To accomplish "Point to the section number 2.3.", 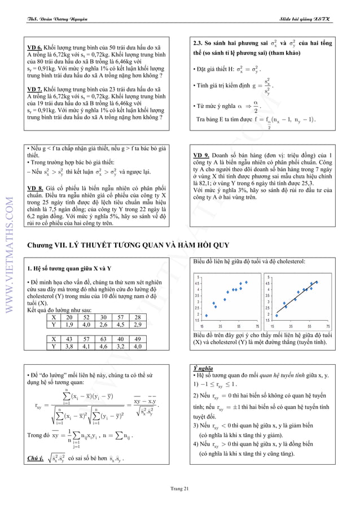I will pyautogui.click(x=199, y=43).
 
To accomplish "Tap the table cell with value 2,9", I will pyautogui.click(x=138, y=325).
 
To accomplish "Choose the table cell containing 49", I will pyautogui.click(x=138, y=339).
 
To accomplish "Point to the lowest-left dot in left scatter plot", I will pyautogui.click(x=207, y=316).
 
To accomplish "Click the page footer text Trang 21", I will pyautogui.click(x=180, y=489).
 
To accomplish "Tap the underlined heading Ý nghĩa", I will pyautogui.click(x=202, y=368).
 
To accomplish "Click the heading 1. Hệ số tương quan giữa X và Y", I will pyautogui.click(x=69, y=268).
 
